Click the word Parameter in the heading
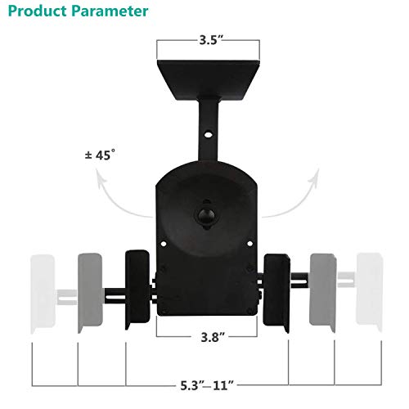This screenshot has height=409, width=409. coord(112,12)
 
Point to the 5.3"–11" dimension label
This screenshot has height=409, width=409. coord(204,380)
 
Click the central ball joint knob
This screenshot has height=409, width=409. coord(204,217)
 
